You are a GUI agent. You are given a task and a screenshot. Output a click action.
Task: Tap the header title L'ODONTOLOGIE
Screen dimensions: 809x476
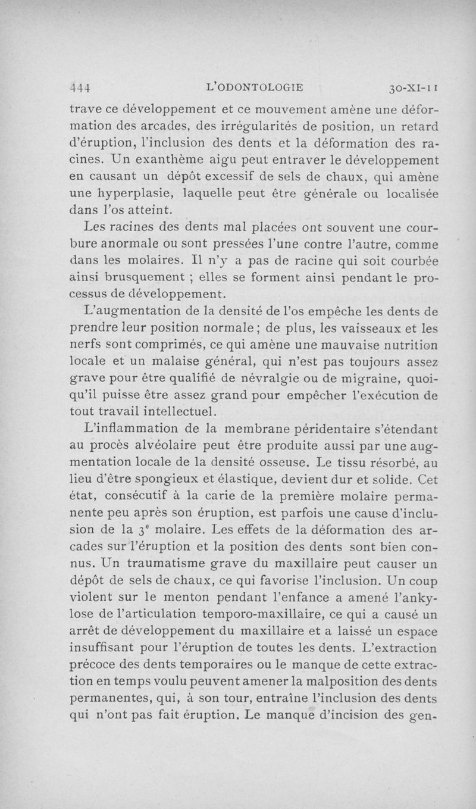click(x=254, y=88)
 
